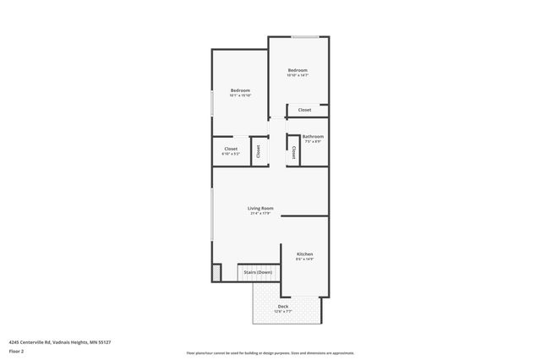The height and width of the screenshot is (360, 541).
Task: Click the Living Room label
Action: (260, 208)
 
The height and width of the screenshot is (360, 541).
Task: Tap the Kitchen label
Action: (304, 254)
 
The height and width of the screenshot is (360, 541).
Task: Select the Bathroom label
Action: (313, 136)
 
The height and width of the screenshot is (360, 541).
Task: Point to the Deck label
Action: (282, 307)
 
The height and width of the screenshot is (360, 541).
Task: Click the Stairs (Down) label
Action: (258, 272)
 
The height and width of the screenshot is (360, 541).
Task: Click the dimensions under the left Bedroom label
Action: (240, 95)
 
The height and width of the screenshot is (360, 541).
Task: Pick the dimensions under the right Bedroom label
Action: (297, 75)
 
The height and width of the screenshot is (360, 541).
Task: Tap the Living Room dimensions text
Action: (260, 213)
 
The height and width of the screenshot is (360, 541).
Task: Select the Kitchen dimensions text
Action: (304, 259)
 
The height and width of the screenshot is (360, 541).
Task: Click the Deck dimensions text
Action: (282, 312)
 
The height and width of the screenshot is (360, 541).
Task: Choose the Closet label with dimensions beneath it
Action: (231, 149)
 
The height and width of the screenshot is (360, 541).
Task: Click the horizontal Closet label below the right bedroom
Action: (304, 110)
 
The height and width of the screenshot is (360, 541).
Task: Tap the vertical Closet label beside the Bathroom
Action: (293, 152)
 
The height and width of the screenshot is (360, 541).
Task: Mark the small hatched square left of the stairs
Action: (216, 272)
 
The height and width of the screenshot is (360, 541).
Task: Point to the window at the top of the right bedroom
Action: (305, 36)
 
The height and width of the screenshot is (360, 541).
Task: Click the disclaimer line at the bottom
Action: (270, 353)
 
